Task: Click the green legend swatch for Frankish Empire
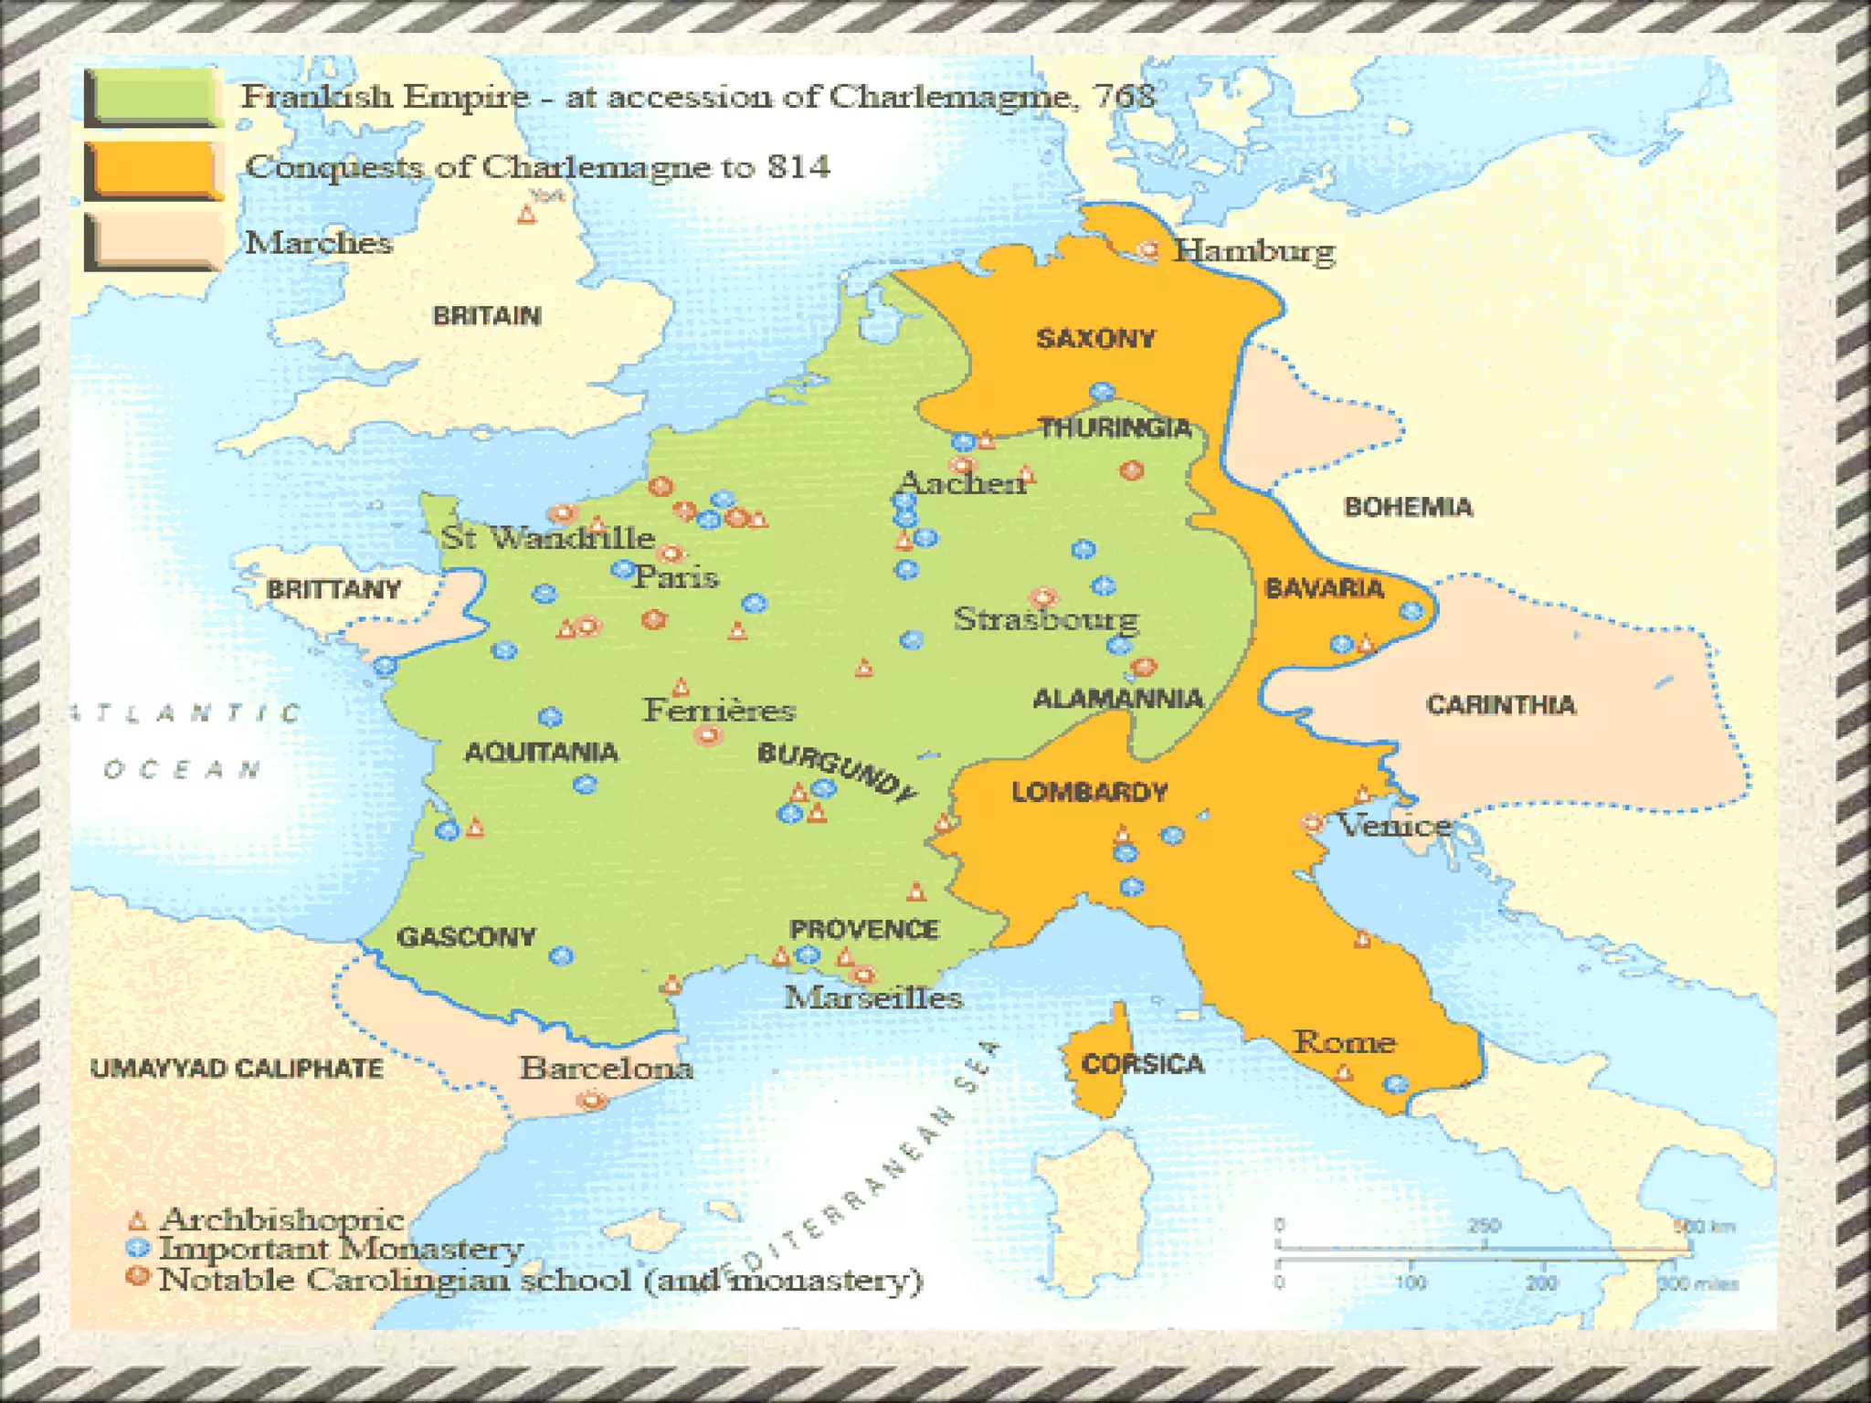(153, 98)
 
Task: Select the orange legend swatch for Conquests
(153, 170)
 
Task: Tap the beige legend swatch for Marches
(153, 243)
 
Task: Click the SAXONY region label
(1095, 339)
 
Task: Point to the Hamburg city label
(1254, 250)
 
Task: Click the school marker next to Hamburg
(1147, 250)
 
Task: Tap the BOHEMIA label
(1408, 507)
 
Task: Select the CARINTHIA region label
(1501, 705)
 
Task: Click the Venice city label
(1393, 826)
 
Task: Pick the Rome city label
(1345, 1042)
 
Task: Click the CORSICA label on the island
(1142, 1064)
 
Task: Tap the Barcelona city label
(606, 1068)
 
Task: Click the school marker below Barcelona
(592, 1100)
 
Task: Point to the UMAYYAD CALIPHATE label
(237, 1069)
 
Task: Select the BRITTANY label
(333, 589)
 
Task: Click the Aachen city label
(962, 482)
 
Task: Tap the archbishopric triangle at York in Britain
(526, 216)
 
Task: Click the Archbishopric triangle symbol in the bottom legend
(137, 1220)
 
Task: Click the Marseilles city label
(873, 997)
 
